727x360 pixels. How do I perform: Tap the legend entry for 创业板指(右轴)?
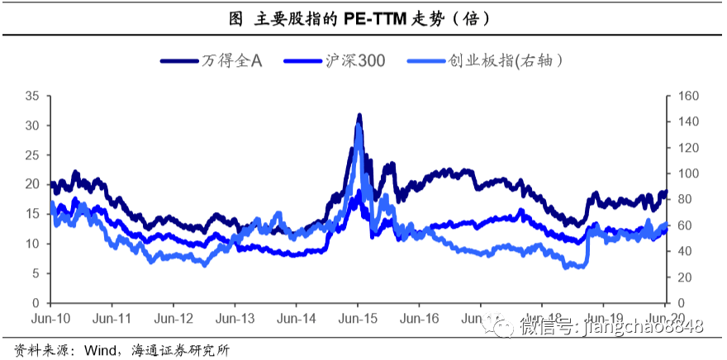(x=509, y=60)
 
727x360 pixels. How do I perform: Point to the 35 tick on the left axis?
(x=33, y=96)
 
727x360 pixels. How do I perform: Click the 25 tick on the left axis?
(x=33, y=155)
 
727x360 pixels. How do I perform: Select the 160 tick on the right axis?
(x=688, y=96)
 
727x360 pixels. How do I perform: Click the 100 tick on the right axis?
(x=688, y=173)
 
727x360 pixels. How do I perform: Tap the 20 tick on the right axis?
(x=685, y=277)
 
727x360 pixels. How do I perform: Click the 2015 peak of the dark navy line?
(x=359, y=116)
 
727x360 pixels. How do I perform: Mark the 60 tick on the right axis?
(x=685, y=225)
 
